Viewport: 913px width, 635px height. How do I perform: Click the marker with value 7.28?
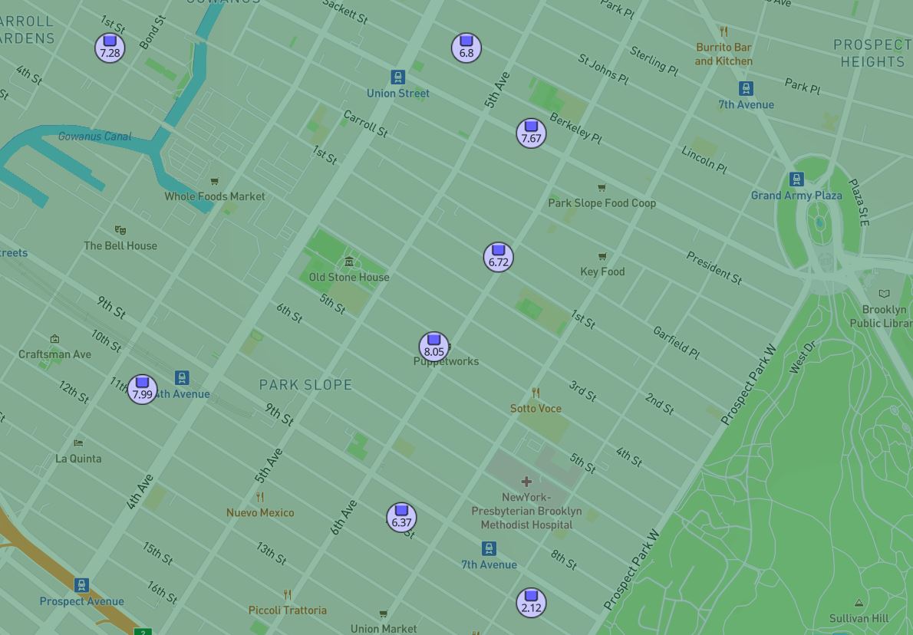[x=110, y=48]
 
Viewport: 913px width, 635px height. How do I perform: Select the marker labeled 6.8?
[x=466, y=48]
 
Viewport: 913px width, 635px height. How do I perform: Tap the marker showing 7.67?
[x=531, y=133]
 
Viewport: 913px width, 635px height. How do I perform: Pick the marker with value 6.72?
[x=499, y=257]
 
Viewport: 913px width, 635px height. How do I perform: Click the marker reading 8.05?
[x=433, y=347]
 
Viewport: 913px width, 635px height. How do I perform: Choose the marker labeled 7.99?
[x=142, y=390]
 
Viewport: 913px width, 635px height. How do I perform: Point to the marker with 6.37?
[x=401, y=517]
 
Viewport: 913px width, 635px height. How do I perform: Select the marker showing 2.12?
[x=531, y=603]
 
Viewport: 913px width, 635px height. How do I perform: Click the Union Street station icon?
[x=397, y=77]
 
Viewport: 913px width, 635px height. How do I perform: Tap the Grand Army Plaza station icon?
[x=796, y=179]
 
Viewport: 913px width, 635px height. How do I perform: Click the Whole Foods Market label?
[x=215, y=196]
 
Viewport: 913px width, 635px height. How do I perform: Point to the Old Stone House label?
[x=349, y=277]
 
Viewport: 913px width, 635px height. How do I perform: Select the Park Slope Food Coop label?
[x=602, y=203]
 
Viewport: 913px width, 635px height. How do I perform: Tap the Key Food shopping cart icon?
[x=602, y=256]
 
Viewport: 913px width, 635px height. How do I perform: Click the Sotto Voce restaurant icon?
[x=536, y=393]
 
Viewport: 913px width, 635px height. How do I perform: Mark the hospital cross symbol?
[x=526, y=482]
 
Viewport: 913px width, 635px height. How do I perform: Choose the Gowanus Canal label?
[x=95, y=137]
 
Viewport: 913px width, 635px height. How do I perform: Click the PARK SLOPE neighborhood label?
[x=305, y=385]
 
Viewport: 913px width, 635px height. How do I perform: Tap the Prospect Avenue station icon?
[x=82, y=585]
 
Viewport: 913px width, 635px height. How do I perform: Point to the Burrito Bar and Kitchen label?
[x=723, y=54]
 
